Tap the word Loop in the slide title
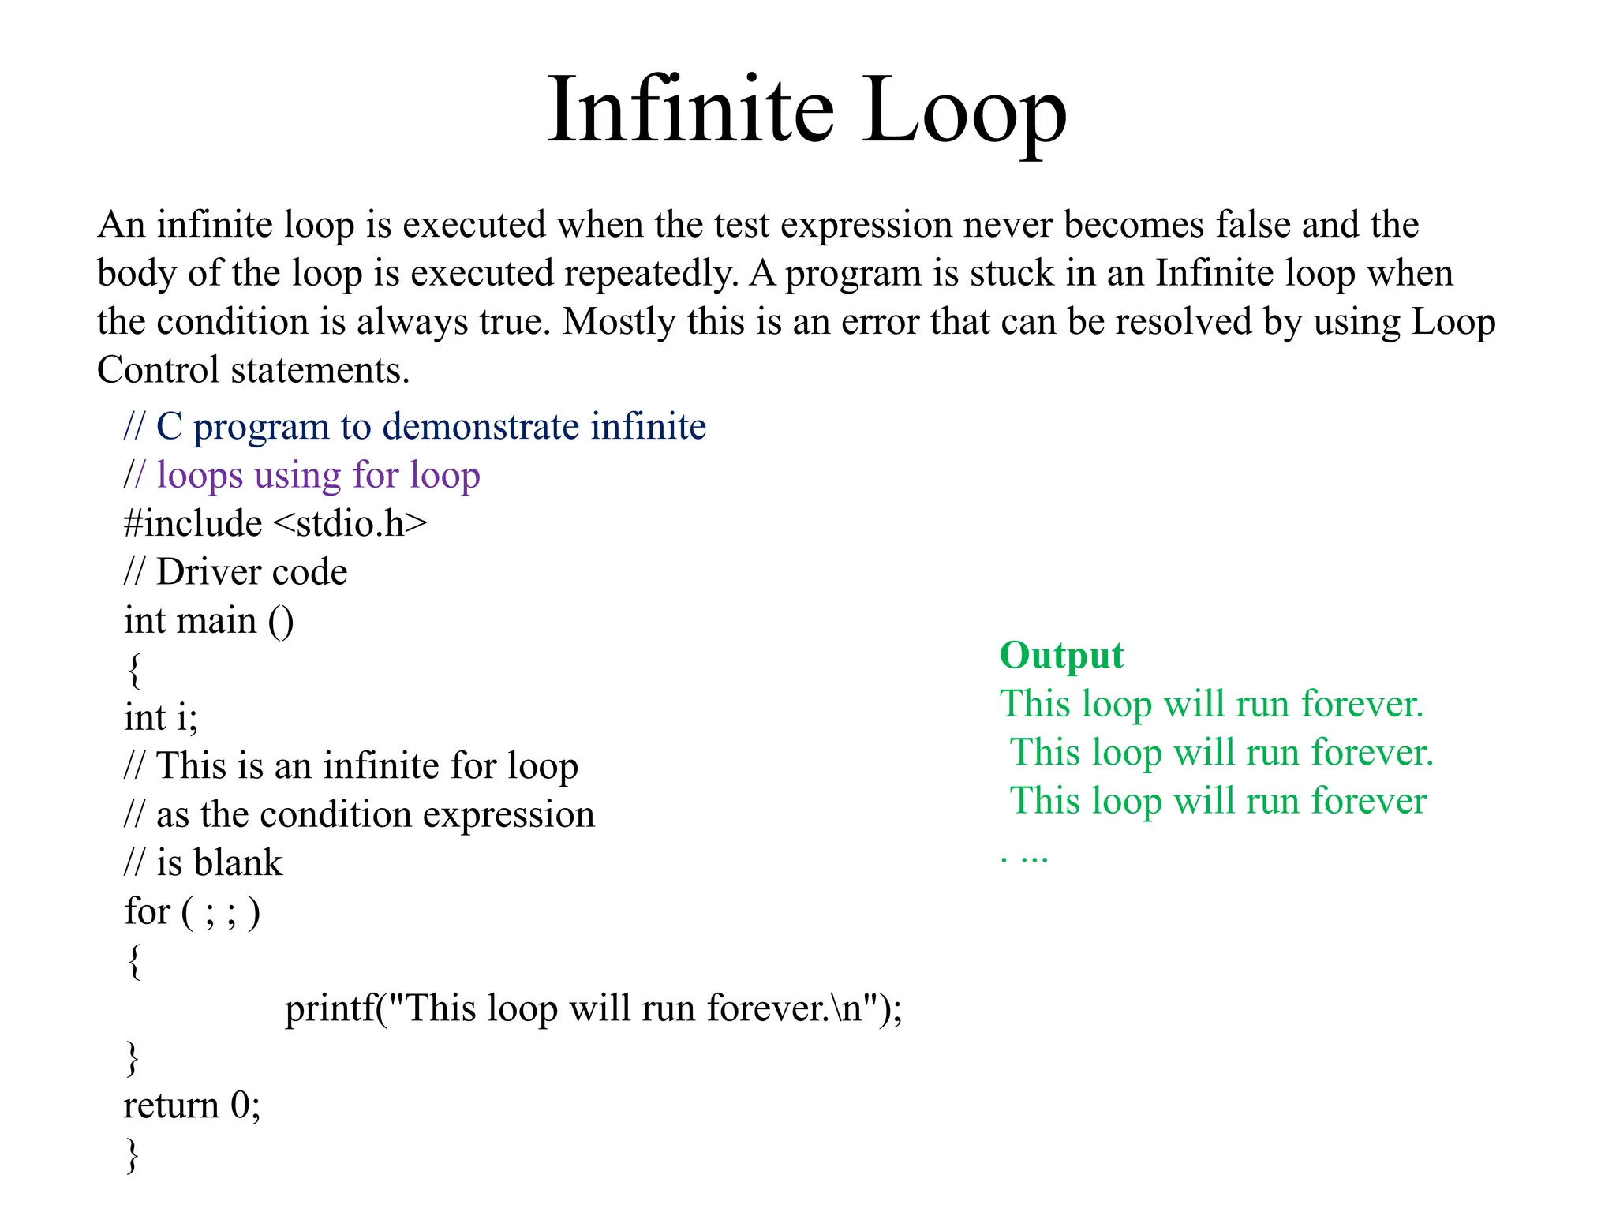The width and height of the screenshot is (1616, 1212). (x=963, y=110)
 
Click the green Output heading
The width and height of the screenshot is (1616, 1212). (x=1061, y=656)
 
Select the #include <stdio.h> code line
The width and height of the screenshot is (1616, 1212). (x=275, y=524)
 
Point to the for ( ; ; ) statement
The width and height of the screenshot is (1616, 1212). (x=192, y=912)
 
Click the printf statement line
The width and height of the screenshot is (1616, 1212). (x=593, y=1008)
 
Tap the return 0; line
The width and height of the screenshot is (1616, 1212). (x=192, y=1105)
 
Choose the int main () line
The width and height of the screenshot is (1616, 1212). (x=208, y=621)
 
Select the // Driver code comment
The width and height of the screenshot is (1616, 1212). (x=235, y=572)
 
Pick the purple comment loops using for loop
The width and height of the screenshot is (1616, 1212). (x=318, y=475)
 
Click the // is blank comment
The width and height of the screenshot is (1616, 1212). (x=203, y=862)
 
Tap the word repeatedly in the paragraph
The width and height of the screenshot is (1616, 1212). (x=651, y=274)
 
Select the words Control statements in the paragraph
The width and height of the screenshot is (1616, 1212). (x=253, y=370)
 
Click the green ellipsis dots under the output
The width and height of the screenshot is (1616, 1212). (x=1024, y=857)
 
